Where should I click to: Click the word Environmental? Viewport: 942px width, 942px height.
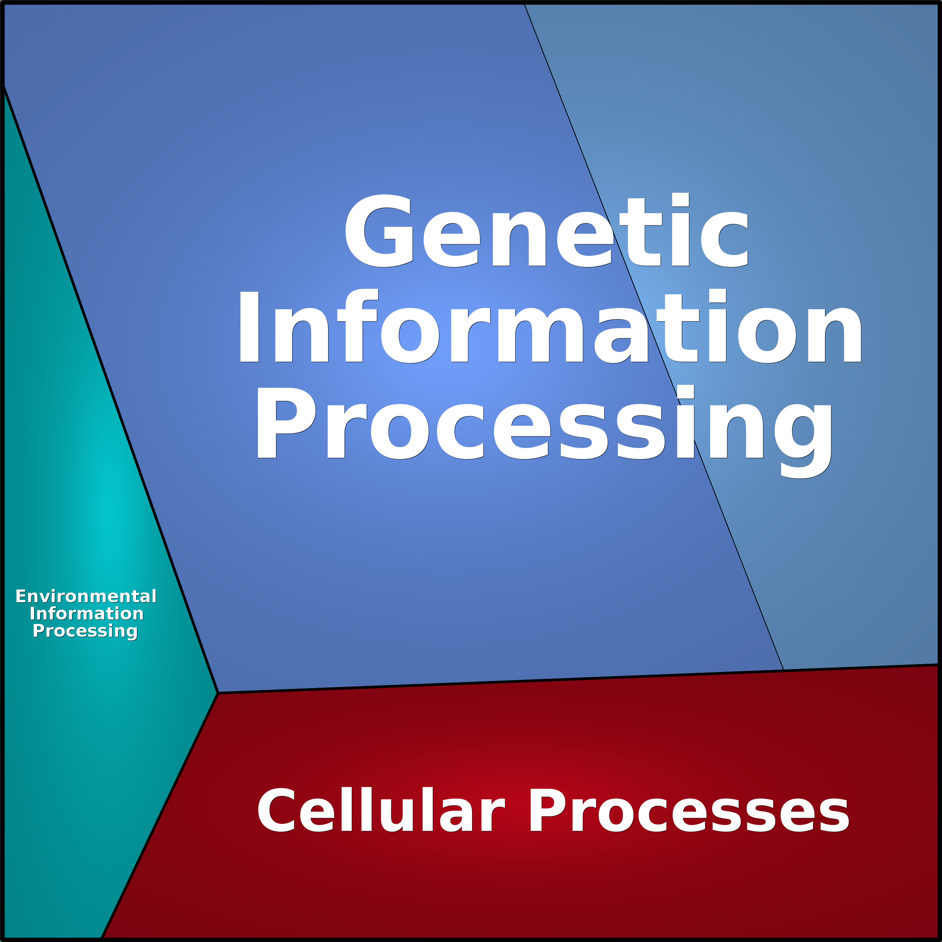click(x=86, y=596)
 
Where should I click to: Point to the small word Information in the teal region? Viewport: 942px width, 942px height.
click(x=87, y=613)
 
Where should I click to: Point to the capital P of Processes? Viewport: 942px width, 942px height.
click(x=547, y=811)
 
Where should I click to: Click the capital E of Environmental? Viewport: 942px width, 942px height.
click(x=21, y=596)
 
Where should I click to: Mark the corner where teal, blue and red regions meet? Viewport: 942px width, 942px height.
click(x=217, y=693)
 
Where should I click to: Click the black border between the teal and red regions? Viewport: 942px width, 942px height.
click(x=159, y=816)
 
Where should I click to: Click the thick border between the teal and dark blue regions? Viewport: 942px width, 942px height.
click(x=110, y=389)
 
